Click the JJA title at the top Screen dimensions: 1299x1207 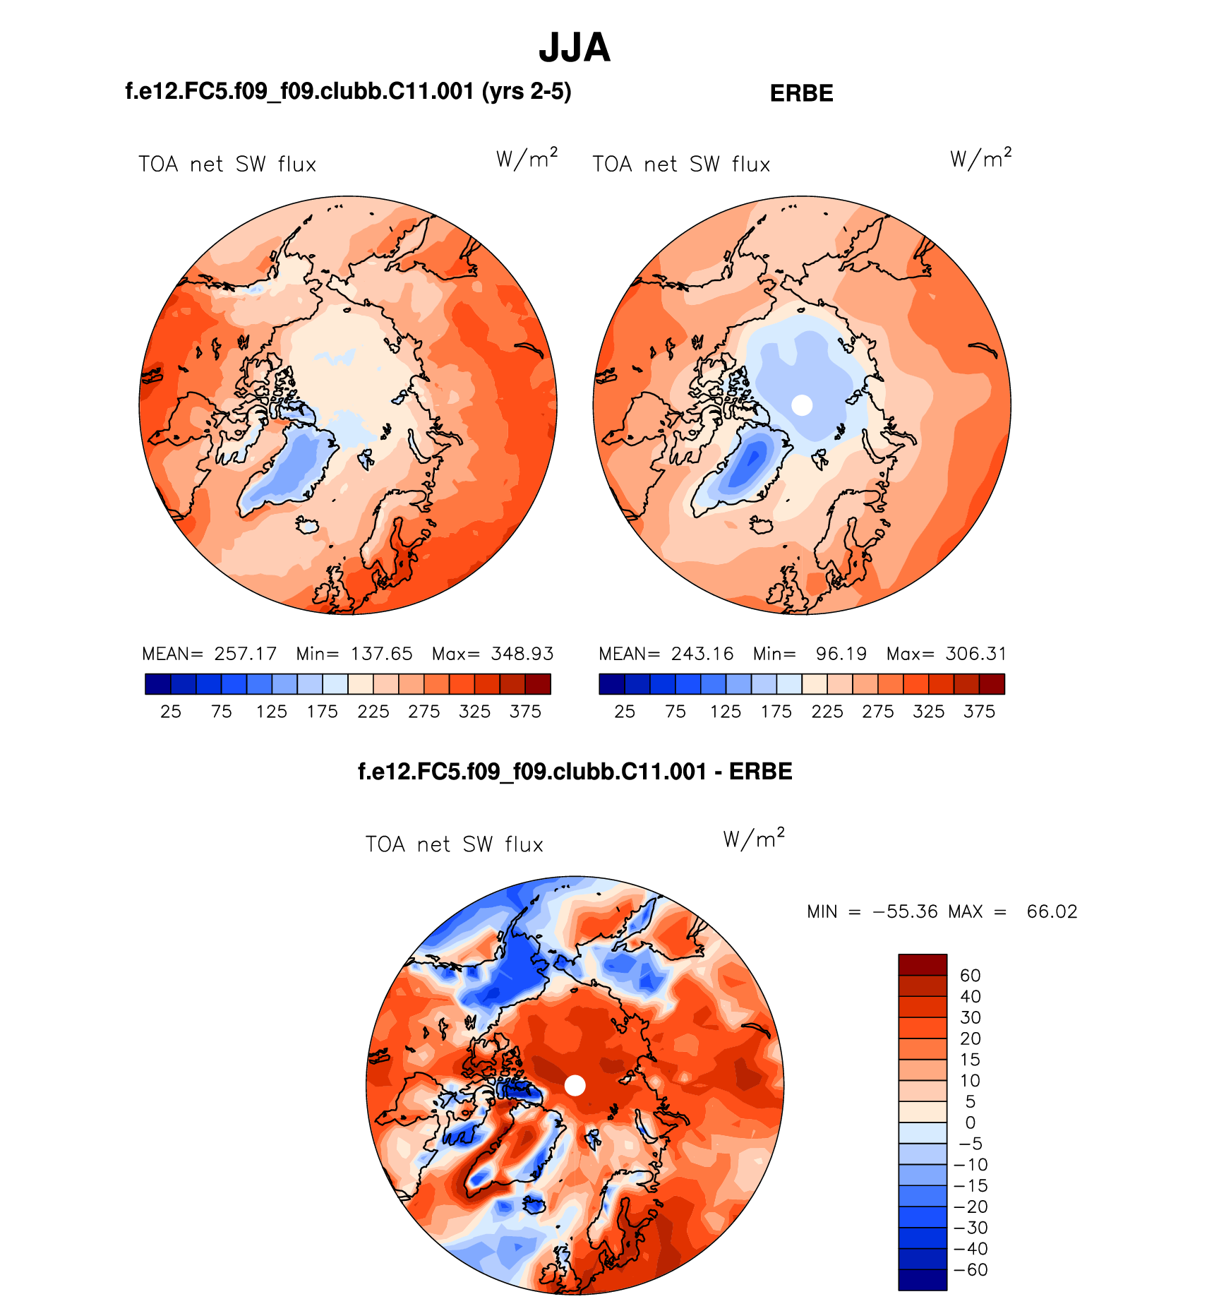point(574,48)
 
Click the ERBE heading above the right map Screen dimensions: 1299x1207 point(801,93)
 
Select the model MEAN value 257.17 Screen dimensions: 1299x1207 point(246,654)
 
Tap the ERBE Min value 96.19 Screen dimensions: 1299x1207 point(841,654)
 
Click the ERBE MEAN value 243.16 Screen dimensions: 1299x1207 point(702,654)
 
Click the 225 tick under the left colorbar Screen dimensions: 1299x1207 point(373,712)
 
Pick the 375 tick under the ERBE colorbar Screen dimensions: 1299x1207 point(979,712)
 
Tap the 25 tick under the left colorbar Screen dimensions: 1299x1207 point(171,712)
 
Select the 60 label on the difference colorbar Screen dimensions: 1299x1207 point(970,976)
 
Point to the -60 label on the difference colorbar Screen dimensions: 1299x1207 point(971,1270)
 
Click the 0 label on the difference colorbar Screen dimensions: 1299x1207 point(970,1123)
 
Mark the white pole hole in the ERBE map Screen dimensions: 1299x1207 point(802,405)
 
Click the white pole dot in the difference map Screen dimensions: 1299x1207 point(575,1086)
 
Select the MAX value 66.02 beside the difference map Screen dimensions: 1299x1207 point(1052,912)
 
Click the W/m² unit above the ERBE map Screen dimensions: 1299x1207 point(980,158)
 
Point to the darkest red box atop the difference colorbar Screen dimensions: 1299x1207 point(922,965)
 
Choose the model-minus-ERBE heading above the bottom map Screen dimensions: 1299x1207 point(575,772)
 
